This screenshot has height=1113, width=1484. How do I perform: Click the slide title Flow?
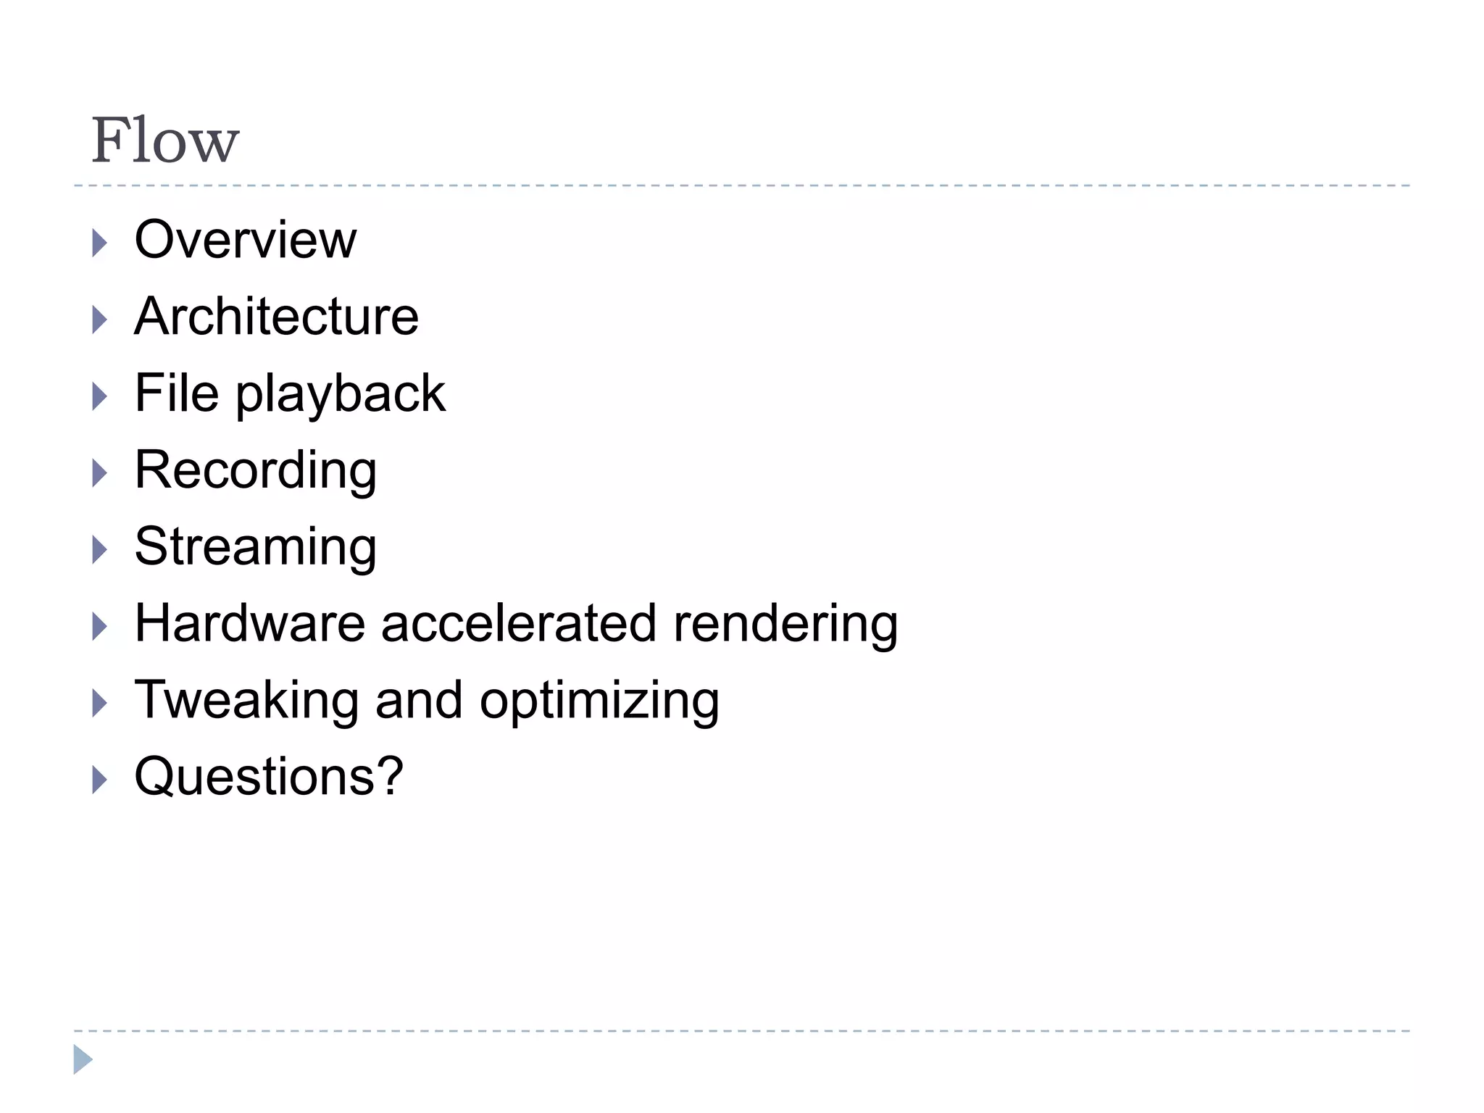click(x=165, y=141)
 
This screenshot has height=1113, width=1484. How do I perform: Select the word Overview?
click(x=246, y=240)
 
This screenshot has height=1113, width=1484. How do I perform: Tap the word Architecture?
click(x=276, y=317)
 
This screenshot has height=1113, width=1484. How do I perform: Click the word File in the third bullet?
click(x=177, y=393)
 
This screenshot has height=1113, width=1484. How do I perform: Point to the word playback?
click(x=341, y=396)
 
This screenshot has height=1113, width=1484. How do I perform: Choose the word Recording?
click(x=256, y=471)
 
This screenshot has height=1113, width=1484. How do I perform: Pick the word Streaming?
click(x=256, y=548)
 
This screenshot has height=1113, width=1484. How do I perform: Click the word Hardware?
click(x=250, y=623)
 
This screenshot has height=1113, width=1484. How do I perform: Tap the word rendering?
click(x=785, y=625)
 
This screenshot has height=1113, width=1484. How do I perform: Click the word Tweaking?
click(x=247, y=701)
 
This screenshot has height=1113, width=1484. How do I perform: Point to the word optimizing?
click(x=599, y=703)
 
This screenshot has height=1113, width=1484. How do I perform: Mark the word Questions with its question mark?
click(x=269, y=777)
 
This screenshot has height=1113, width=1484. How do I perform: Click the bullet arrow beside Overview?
click(x=99, y=243)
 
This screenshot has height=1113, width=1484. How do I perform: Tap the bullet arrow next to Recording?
click(x=99, y=473)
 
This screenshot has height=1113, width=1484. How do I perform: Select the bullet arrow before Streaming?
click(x=99, y=550)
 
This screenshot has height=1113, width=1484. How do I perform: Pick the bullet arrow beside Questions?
click(x=99, y=780)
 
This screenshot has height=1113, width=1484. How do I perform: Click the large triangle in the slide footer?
click(x=83, y=1059)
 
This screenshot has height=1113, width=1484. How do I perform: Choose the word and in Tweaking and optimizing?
click(x=419, y=700)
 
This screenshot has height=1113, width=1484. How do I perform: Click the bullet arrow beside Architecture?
click(x=99, y=320)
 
